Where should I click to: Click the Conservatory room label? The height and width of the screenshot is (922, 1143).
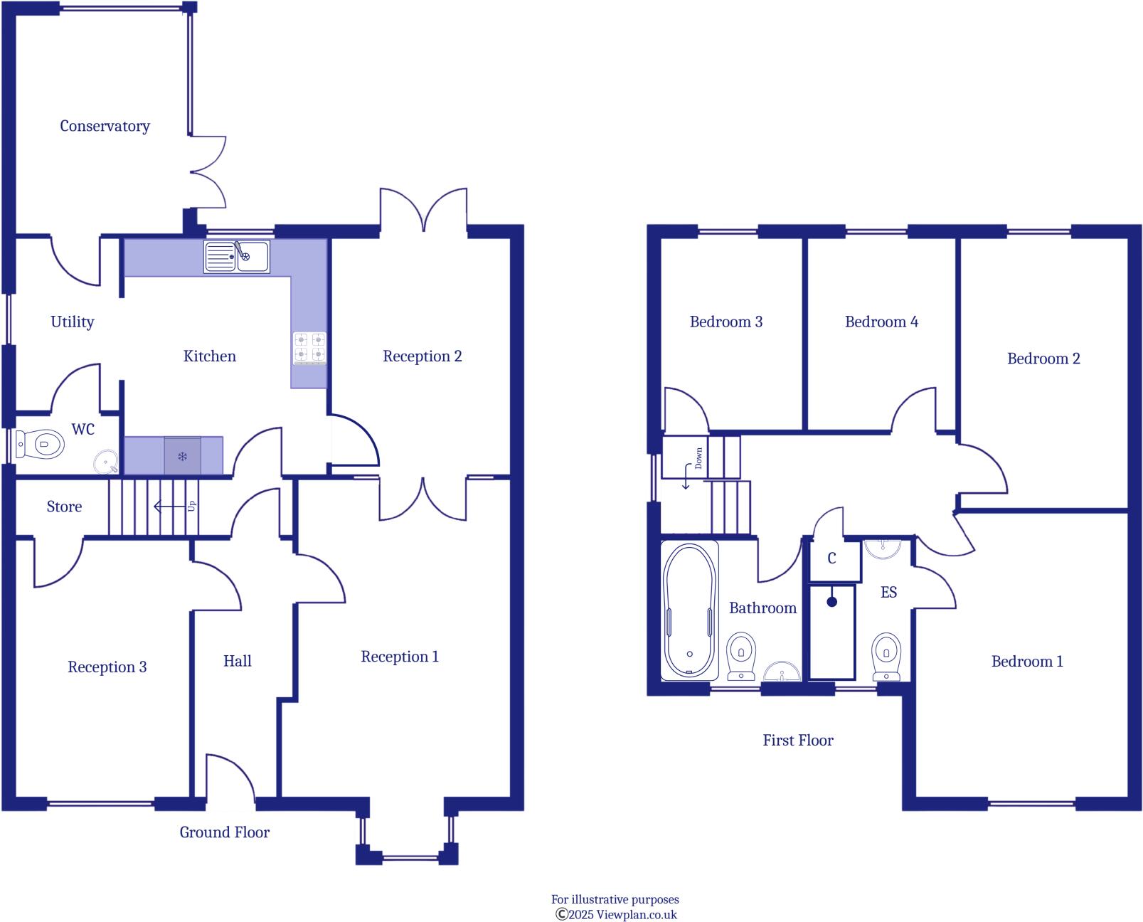pos(105,126)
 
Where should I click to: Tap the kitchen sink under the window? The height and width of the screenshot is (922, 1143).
pos(237,257)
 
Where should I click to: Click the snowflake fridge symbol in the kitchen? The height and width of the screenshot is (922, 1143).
pos(182,456)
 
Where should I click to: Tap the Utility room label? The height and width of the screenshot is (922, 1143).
pos(72,322)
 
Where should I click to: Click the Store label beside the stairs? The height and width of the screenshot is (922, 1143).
pos(64,507)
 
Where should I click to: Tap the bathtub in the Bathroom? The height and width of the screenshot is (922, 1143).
pos(689,610)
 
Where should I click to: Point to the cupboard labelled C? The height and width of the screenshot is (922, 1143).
pos(832,558)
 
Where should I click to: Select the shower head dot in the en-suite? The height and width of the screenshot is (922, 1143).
pos(831,602)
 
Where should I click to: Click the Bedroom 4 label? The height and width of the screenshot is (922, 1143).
pos(881,322)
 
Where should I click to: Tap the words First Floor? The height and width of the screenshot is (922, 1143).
pos(797,741)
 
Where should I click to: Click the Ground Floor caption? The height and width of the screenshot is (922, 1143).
pos(224,832)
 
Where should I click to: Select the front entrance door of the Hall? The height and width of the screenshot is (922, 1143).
pos(229,780)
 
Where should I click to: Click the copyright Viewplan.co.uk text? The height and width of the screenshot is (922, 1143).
pos(615,915)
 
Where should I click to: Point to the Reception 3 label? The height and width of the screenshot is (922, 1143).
pos(107,667)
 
